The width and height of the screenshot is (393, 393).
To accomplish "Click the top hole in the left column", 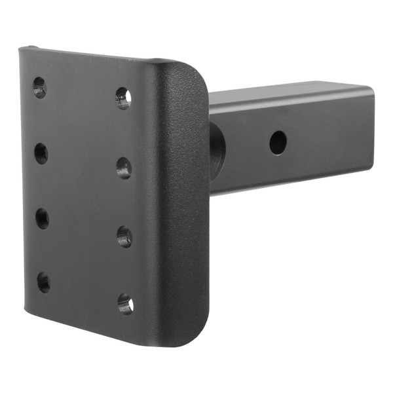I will click(x=39, y=87).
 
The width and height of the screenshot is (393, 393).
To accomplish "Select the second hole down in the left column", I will click(x=41, y=154).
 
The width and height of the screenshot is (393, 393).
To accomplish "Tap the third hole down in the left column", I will click(x=43, y=219).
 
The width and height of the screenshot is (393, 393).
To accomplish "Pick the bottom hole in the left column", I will click(x=43, y=282).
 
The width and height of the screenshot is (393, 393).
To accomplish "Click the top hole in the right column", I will click(x=123, y=98).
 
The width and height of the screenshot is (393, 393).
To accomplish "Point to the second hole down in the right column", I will click(x=124, y=168).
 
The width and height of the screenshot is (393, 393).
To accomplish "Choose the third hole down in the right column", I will click(x=124, y=236).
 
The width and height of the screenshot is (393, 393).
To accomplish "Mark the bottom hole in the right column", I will click(x=125, y=303).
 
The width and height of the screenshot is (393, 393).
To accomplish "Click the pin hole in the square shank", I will click(x=278, y=142).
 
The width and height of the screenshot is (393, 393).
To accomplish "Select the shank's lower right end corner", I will click(x=373, y=172).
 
